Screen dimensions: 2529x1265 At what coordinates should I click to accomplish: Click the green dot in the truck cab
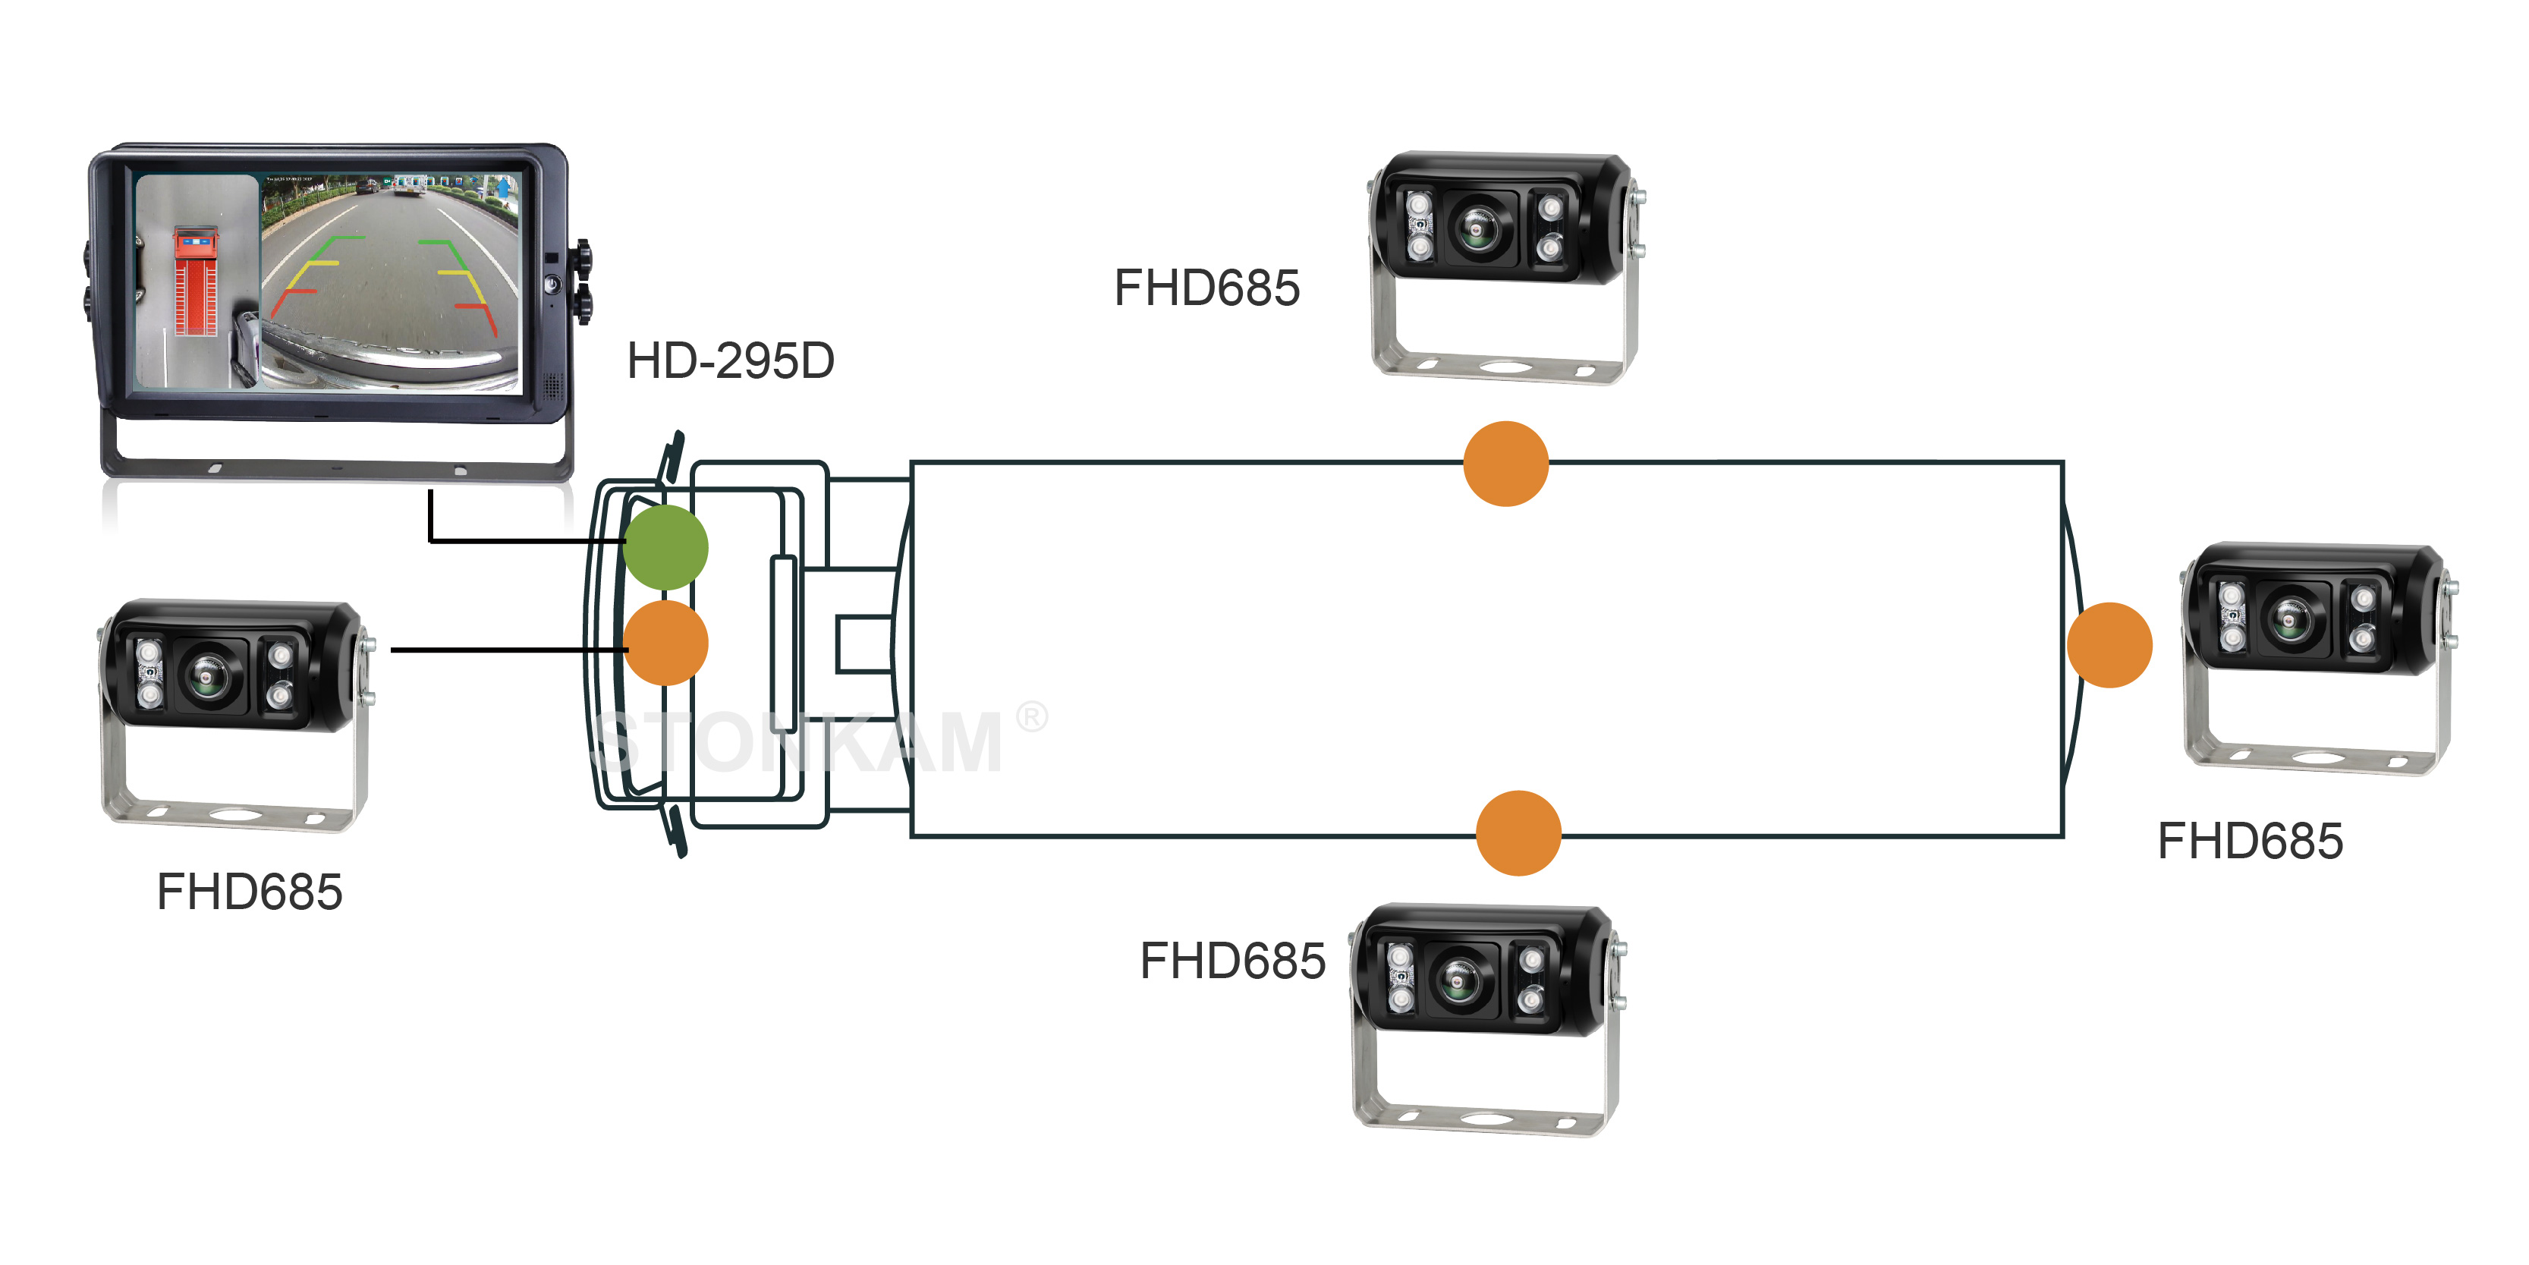[665, 547]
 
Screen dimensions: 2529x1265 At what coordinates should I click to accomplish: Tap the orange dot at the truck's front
[665, 644]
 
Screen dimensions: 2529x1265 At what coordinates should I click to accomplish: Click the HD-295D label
[731, 360]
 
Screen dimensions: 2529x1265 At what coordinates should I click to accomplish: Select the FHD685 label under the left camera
[250, 892]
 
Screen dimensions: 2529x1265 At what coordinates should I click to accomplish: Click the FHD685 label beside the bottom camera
[1232, 961]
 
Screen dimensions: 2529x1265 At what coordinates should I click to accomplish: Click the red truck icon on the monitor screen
[195, 281]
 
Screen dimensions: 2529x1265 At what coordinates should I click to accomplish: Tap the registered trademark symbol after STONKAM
[1031, 717]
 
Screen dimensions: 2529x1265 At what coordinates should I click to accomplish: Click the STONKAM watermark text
[797, 741]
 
